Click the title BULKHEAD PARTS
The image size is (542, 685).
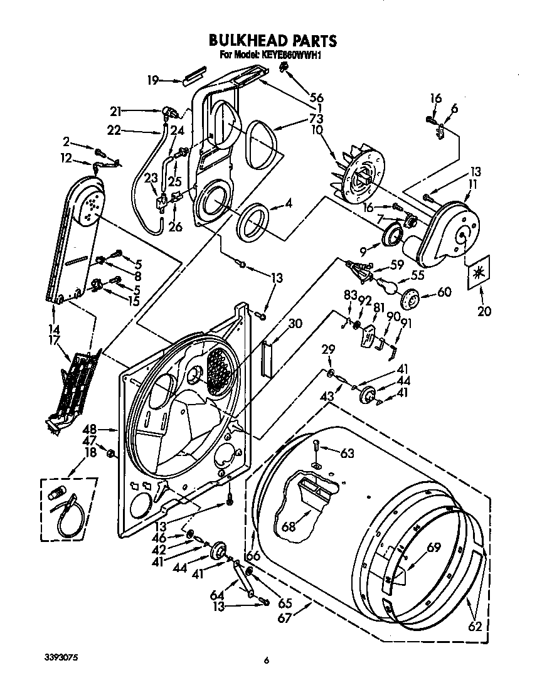click(x=272, y=41)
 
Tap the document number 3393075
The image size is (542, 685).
click(x=61, y=658)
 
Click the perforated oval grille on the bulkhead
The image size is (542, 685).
click(x=218, y=371)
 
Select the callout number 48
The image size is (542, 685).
click(x=90, y=429)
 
